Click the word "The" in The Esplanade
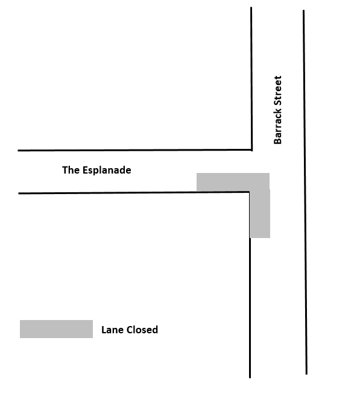coord(71,170)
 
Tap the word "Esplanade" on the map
coord(107,171)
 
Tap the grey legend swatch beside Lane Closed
coord(56,329)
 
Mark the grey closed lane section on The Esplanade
coord(233,183)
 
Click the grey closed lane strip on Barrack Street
coord(260,213)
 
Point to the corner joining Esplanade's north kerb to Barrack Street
coord(251,150)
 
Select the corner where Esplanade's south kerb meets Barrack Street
coord(249,192)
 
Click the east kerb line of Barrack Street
coord(305,192)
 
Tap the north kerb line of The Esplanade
coord(134,150)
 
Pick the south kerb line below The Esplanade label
coord(134,193)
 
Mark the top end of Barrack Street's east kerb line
coord(303,10)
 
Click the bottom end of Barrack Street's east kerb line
coord(306,374)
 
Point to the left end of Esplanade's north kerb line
coord(18,150)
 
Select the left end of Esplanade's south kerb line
coord(18,193)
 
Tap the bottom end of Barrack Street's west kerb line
coord(250,378)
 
